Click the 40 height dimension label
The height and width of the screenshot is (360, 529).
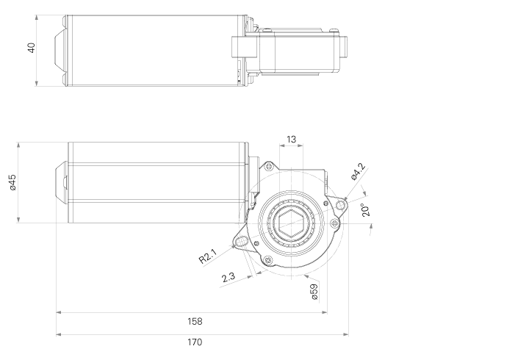[x=31, y=48]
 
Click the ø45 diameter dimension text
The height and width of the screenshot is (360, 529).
[x=12, y=183]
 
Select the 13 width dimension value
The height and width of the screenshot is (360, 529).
[x=292, y=139]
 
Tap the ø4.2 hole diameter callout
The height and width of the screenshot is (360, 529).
[x=358, y=171]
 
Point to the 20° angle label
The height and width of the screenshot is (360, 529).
[x=365, y=209]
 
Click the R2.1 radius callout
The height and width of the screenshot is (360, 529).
[x=207, y=256]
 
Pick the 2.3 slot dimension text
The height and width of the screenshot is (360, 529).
[x=228, y=277]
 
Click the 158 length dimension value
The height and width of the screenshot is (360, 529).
[x=195, y=321]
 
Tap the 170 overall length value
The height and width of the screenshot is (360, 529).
[x=195, y=342]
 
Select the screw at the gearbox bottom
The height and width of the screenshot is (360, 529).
[x=268, y=260]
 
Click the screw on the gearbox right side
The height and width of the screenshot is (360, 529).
[x=334, y=223]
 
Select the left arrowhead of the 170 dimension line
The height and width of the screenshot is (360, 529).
[x=59, y=334]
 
